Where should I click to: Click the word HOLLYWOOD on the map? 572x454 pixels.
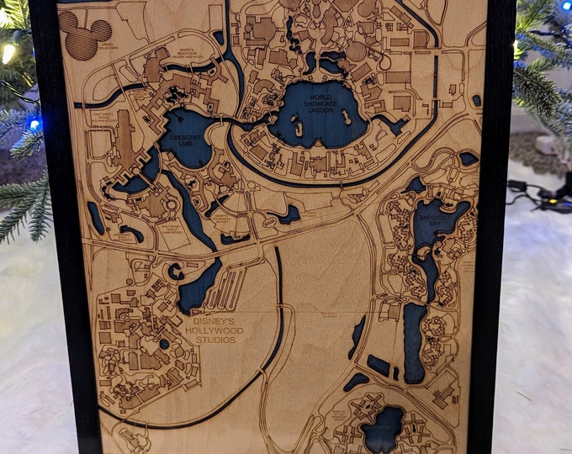pyautogui.click(x=215, y=330)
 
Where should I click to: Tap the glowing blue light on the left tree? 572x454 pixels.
pyautogui.click(x=34, y=124)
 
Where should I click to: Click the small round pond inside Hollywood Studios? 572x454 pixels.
pyautogui.click(x=165, y=343)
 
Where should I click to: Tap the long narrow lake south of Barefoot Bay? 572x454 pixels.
pyautogui.click(x=414, y=340)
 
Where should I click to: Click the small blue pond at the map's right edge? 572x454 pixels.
pyautogui.click(x=469, y=158)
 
